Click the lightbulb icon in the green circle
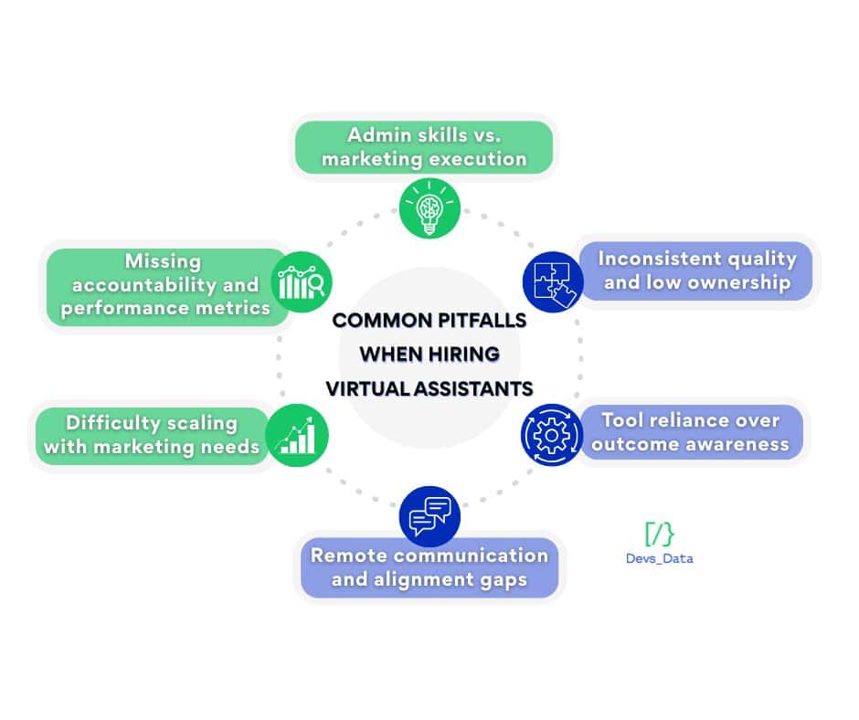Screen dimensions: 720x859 tap(429, 207)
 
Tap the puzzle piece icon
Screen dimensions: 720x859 tap(552, 283)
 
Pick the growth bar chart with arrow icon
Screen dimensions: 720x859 tap(297, 433)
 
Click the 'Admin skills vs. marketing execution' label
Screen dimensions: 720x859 tap(423, 147)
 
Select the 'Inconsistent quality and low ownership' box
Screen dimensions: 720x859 tap(696, 270)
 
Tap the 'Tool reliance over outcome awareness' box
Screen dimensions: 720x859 tap(691, 432)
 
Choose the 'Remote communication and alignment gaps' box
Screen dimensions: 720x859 tap(429, 566)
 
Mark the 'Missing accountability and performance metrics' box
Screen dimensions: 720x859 tap(165, 285)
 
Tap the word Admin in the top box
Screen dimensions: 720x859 tap(376, 135)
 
